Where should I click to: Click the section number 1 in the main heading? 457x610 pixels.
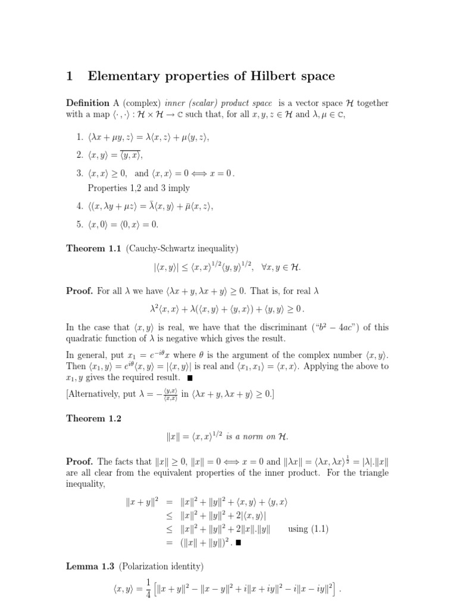(70, 76)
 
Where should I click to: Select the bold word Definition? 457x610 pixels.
(87, 103)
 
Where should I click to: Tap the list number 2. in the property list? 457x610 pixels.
(80, 155)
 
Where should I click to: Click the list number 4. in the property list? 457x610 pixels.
(80, 207)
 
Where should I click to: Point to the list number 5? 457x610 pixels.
(80, 225)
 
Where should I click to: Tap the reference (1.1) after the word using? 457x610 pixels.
(318, 529)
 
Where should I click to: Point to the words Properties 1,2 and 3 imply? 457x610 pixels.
(139, 188)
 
